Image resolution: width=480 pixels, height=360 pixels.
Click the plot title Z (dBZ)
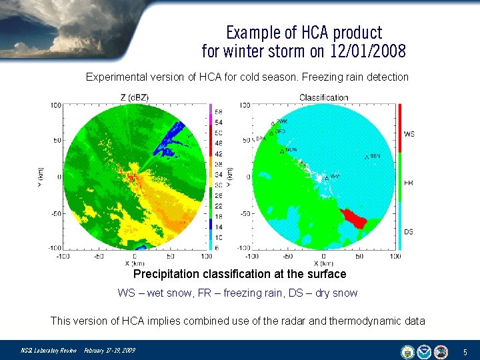pos(134,97)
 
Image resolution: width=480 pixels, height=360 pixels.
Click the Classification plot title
pos(323,97)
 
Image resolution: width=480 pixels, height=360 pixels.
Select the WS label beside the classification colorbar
pos(409,134)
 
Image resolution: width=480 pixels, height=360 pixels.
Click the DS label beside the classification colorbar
pos(409,231)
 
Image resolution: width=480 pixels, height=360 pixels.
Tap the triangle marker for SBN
pos(367,157)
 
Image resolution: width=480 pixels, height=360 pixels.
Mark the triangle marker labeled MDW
pos(282,151)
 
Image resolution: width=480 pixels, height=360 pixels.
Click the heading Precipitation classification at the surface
pos(240,274)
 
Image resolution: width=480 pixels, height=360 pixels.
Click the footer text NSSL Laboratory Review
pos(49,351)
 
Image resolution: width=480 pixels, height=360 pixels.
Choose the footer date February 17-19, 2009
pos(109,351)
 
